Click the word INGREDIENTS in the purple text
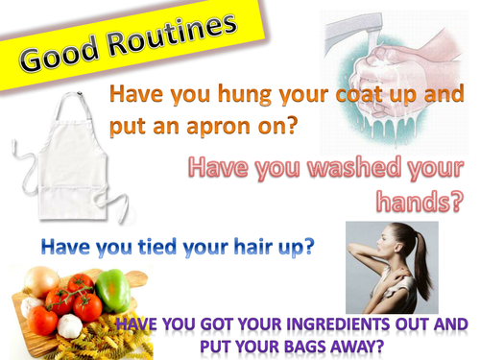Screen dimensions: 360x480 click(x=329, y=325)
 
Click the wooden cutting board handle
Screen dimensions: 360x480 click(x=139, y=278)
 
